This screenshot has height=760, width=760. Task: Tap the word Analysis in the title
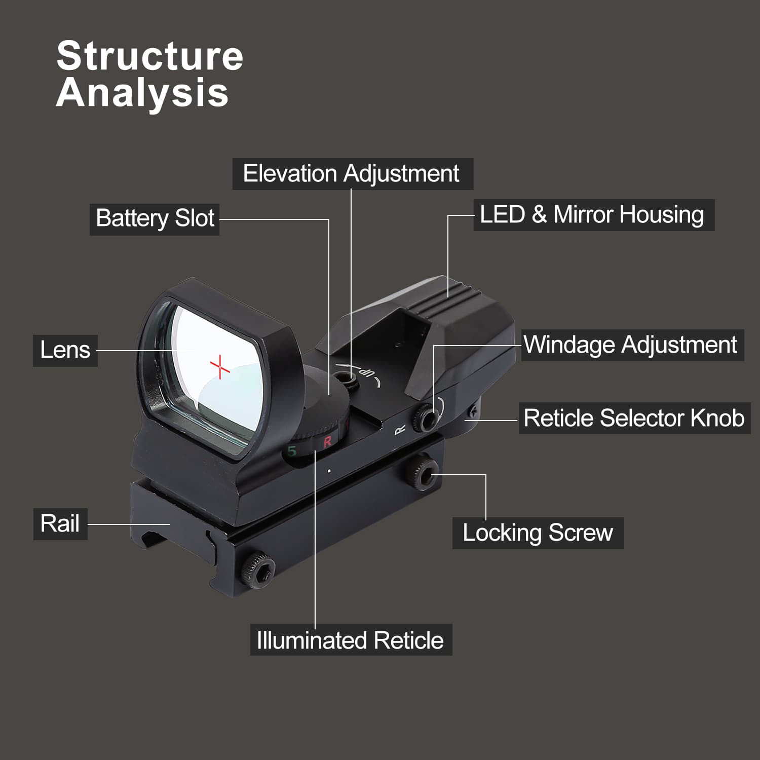(142, 93)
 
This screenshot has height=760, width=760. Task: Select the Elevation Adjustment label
(352, 174)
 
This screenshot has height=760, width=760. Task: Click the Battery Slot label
(155, 219)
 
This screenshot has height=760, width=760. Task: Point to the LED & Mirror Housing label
(593, 215)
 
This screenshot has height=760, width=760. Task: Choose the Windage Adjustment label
(631, 345)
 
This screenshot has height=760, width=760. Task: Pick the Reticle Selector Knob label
(633, 419)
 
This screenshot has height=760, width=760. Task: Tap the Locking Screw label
(538, 533)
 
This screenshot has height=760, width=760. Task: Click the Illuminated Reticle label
(350, 640)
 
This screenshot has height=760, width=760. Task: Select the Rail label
(60, 524)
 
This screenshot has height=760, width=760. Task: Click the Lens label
(65, 350)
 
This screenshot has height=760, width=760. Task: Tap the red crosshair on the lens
(220, 366)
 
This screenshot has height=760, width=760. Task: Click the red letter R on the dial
(327, 441)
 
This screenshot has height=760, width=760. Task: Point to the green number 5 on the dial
(292, 451)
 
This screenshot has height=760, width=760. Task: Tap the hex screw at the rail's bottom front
(258, 571)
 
